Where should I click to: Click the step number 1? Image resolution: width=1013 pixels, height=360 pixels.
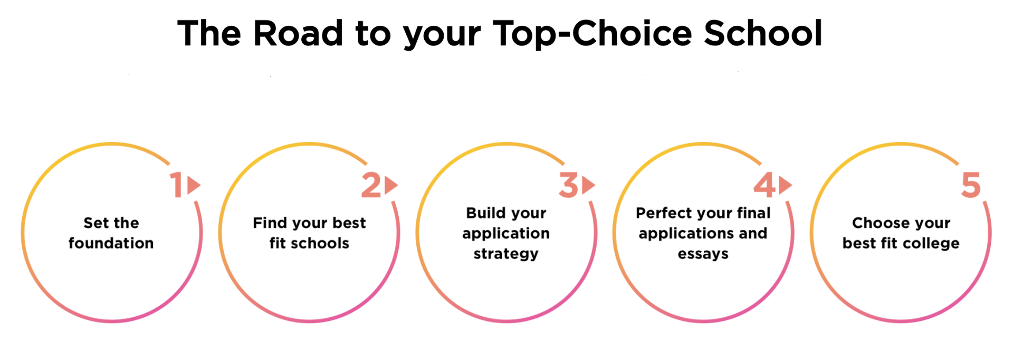coord(177,185)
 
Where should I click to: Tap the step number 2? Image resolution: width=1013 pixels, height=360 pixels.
coord(371,185)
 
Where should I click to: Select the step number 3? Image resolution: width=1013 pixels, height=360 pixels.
coord(569,185)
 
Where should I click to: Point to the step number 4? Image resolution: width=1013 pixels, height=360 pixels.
coord(764,185)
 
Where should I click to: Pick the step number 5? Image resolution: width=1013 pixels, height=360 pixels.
coord(971,185)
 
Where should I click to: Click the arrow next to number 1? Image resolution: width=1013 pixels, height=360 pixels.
coord(194,185)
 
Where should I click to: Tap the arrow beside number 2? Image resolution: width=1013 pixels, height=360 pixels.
coord(391,185)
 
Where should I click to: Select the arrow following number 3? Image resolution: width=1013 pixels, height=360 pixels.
coord(588,185)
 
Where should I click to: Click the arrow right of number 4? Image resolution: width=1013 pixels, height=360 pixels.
coord(786,185)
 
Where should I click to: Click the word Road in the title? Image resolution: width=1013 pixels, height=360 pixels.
coord(299,33)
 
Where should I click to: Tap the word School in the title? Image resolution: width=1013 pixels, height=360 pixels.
coord(763,33)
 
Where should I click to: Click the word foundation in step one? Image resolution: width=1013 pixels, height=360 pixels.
coord(111,243)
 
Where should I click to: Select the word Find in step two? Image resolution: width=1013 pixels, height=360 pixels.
coord(270,223)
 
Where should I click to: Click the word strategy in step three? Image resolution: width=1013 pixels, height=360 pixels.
coord(506,254)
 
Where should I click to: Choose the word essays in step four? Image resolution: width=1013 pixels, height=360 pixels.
coord(703,254)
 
